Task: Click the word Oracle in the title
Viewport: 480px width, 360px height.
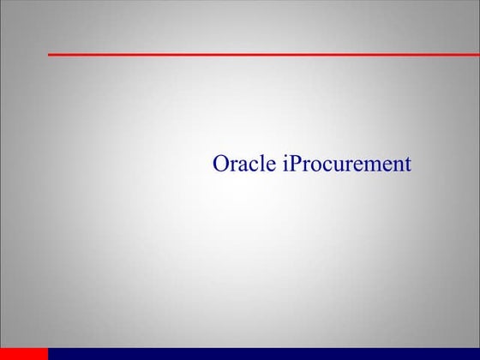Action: coord(243,164)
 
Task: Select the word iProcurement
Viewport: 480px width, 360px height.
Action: coord(346,164)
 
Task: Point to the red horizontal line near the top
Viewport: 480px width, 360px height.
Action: coord(257,54)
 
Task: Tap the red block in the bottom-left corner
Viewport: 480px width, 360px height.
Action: coord(24,353)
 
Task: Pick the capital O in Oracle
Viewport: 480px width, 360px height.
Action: coord(220,164)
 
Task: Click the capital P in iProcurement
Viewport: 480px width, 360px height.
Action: coord(295,164)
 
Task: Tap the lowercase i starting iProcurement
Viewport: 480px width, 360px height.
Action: coord(285,164)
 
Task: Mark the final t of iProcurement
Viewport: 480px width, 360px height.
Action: coord(408,165)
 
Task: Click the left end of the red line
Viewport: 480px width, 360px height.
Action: coord(50,54)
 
